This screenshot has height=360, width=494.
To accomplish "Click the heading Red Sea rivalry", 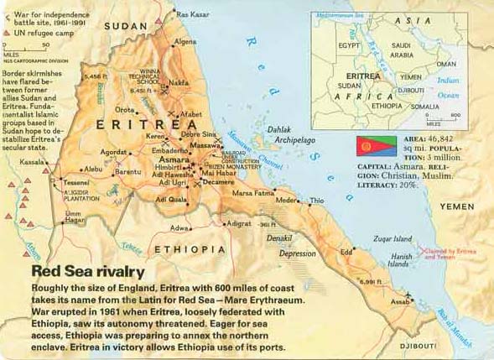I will pos(85,272).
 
